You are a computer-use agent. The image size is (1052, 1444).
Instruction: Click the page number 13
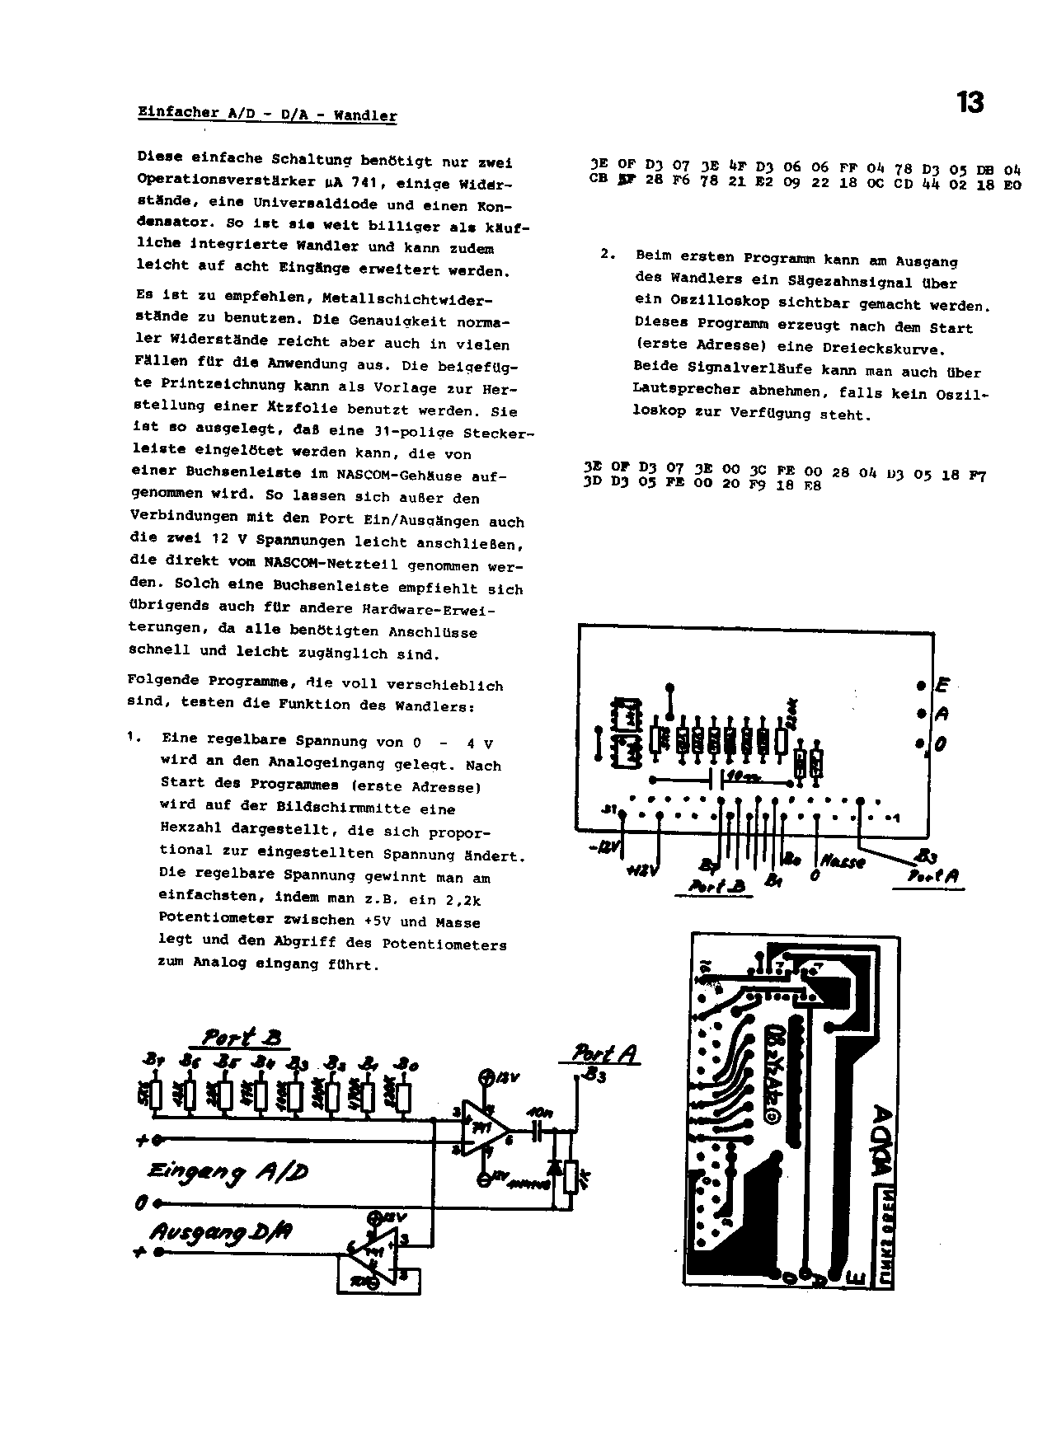[x=970, y=103]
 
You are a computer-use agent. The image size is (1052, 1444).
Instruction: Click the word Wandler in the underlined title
[x=365, y=115]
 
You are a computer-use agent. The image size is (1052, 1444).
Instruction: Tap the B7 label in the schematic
[x=153, y=1062]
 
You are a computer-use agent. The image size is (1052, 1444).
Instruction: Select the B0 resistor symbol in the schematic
[x=403, y=1097]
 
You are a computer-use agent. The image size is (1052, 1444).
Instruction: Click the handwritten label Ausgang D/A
[x=221, y=1234]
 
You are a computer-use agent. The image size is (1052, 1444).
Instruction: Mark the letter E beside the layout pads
[x=942, y=686]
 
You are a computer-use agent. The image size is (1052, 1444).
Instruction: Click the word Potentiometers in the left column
[x=456, y=945]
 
